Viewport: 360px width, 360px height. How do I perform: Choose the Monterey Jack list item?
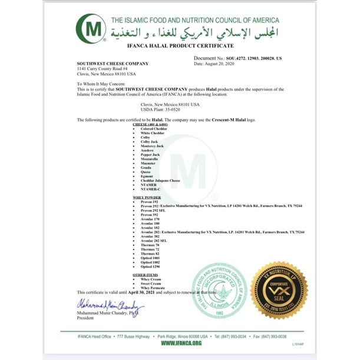[153, 146]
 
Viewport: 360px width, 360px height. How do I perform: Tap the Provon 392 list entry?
[150, 215]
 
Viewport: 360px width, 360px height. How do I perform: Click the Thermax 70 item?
[150, 245]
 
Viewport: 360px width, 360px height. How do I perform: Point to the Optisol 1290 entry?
[151, 267]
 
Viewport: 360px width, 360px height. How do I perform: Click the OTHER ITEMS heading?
[144, 275]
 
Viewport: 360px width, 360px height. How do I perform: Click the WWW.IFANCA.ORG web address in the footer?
[180, 343]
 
